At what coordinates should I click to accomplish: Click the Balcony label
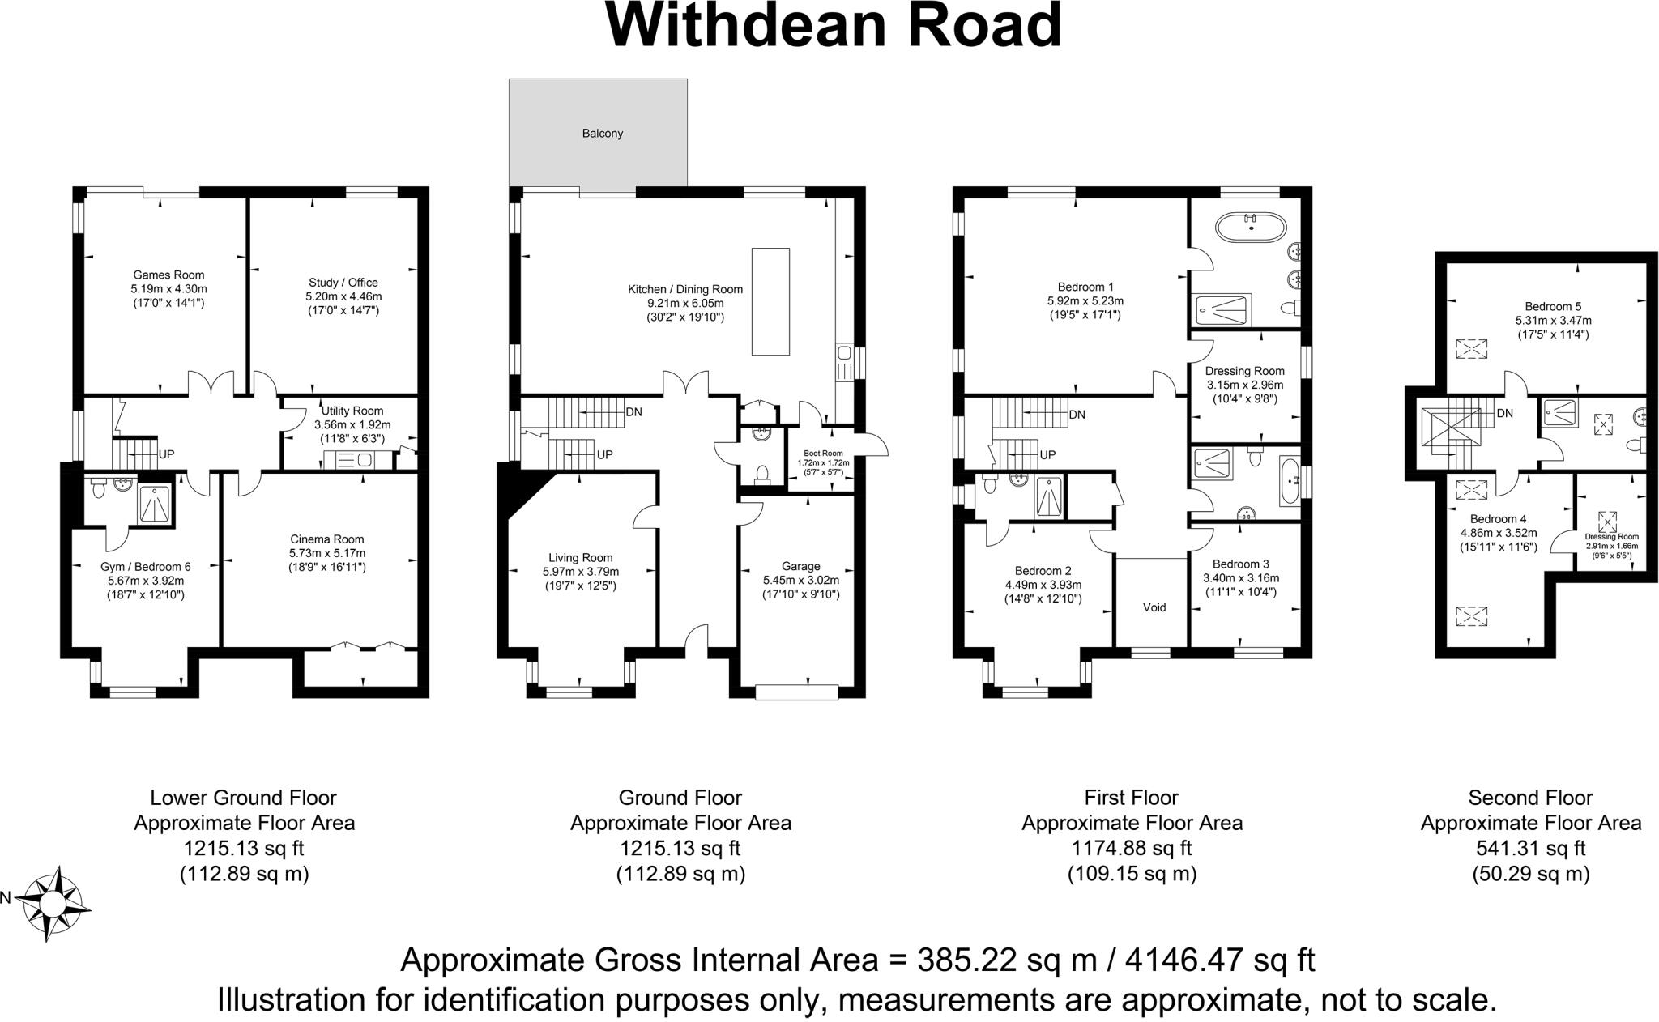pos(602,134)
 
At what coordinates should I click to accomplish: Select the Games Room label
pos(168,275)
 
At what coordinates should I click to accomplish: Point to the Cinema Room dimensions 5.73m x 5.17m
pos(327,553)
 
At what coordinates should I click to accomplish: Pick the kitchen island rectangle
pos(770,301)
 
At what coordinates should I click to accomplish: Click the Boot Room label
pos(823,454)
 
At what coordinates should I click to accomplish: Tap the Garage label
pos(800,566)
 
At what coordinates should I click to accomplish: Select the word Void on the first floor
pos(1154,607)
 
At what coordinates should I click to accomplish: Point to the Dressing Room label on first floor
pos(1245,371)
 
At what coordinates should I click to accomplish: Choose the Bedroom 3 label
pos(1240,564)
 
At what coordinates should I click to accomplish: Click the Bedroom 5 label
pos(1552,307)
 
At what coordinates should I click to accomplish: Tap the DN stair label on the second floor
pos(1504,414)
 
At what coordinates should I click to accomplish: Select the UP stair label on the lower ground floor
pos(166,454)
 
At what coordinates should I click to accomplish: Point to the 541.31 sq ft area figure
pos(1530,849)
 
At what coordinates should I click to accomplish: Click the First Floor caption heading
pos(1131,798)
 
